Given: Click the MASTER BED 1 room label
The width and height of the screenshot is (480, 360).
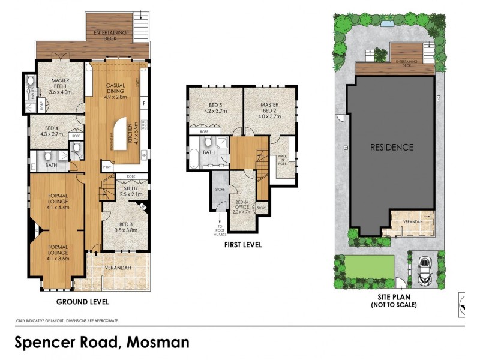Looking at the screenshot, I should coord(60,86).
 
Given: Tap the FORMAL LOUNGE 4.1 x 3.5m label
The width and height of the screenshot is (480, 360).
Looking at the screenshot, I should coord(59,253).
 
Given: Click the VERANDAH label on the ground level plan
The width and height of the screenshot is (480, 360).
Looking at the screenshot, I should coord(118,268).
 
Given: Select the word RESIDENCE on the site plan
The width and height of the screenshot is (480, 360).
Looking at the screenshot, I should coord(391,147).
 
